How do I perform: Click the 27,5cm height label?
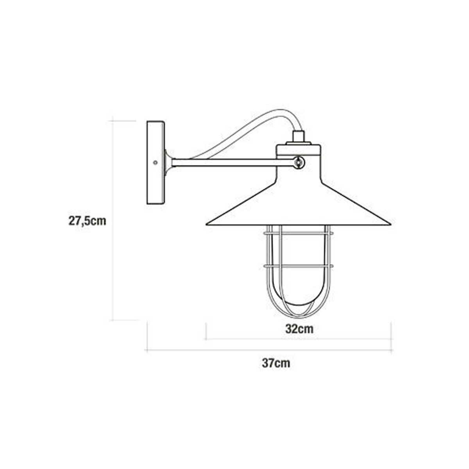point(88,221)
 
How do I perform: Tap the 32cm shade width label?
point(299,329)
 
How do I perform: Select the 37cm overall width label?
point(276,363)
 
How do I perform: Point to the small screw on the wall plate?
point(156,162)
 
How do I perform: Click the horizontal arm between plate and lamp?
point(231,162)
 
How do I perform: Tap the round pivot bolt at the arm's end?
point(299,161)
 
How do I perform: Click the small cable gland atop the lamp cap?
point(299,137)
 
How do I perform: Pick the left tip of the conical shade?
point(207,224)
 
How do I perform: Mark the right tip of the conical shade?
point(390,224)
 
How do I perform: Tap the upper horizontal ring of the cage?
point(299,233)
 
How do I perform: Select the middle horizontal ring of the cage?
point(299,266)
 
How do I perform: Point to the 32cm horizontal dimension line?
point(299,338)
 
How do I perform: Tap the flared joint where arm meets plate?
point(168,162)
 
